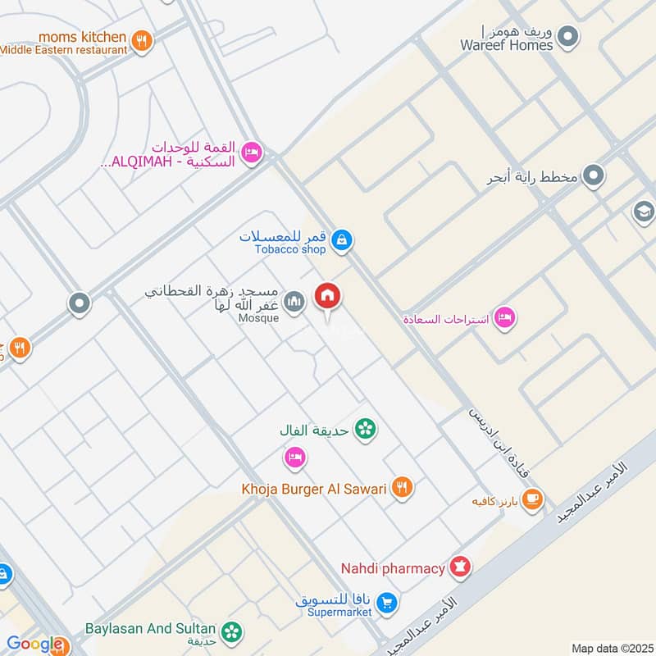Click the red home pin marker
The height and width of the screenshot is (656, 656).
328,297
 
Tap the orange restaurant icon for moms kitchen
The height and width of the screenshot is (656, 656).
143,39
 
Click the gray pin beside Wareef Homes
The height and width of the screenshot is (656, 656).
567,36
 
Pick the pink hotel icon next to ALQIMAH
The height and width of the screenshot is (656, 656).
252,152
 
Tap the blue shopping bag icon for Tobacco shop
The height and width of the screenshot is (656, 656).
343,240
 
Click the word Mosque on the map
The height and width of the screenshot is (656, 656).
259,318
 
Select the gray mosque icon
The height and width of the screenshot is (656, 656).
294,304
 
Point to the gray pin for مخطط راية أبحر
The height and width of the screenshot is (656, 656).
594,175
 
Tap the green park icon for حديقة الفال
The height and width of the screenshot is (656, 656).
366,428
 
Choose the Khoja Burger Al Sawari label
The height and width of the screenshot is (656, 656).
313,489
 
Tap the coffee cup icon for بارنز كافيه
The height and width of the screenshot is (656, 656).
532,498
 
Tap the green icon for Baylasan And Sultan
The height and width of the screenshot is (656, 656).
233,631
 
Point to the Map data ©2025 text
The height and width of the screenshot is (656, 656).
611,648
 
